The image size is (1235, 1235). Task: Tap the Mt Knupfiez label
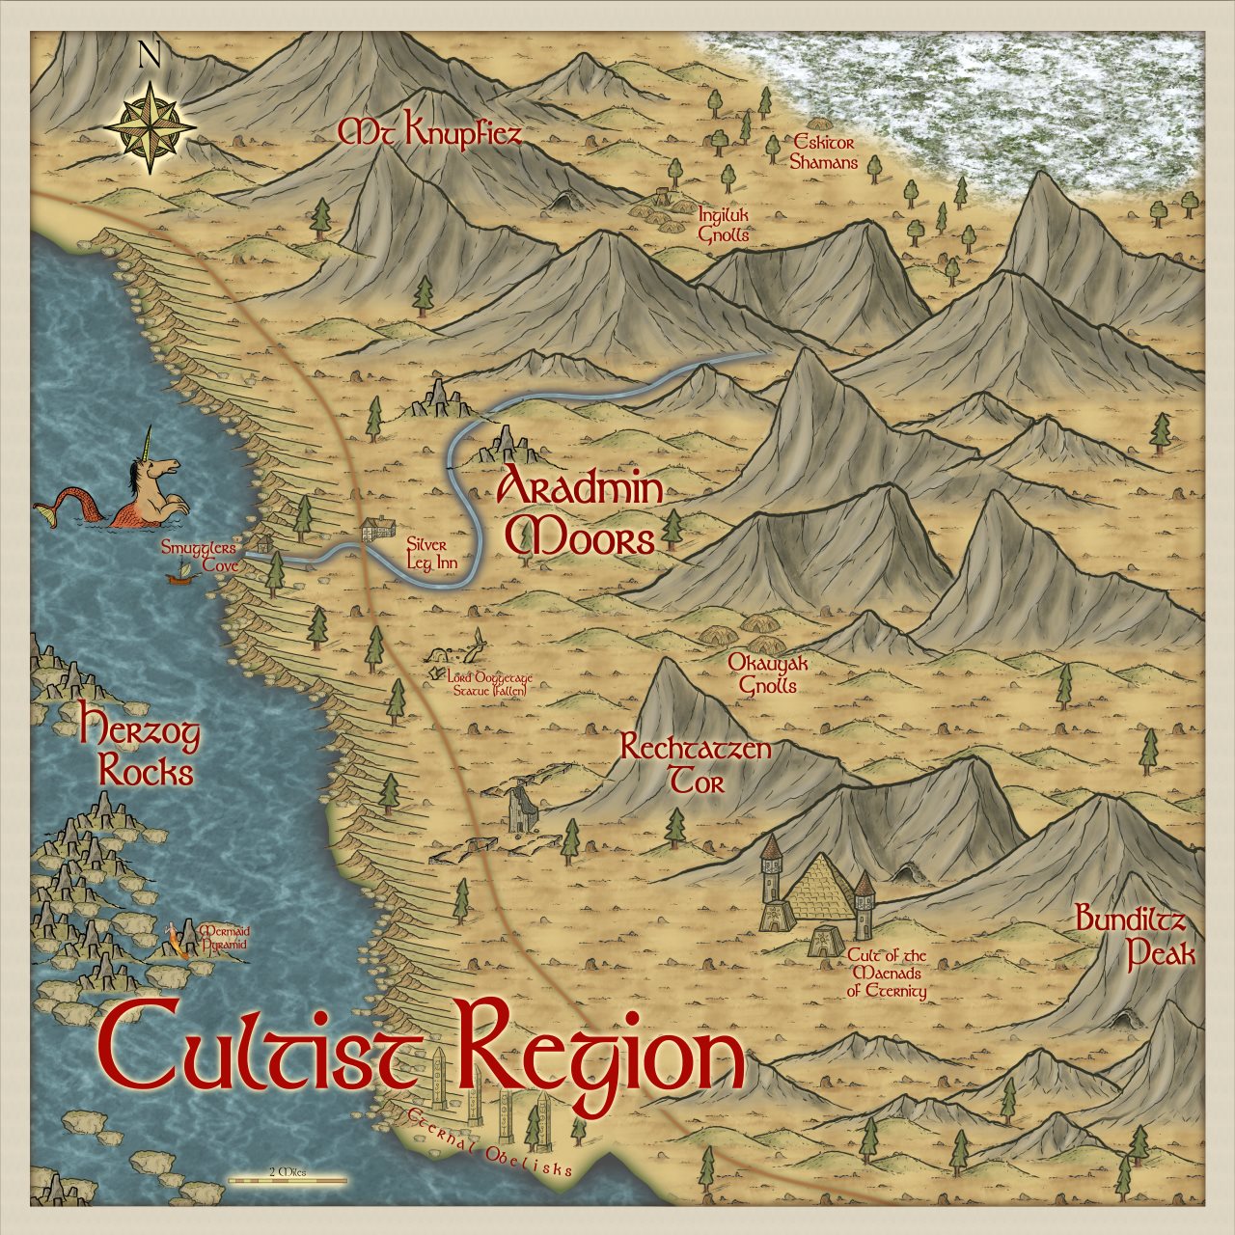pyautogui.click(x=428, y=133)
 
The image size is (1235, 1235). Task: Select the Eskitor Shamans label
pyautogui.click(x=823, y=151)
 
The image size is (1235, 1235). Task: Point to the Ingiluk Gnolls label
pyautogui.click(x=724, y=225)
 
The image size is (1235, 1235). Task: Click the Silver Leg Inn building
pyautogui.click(x=376, y=530)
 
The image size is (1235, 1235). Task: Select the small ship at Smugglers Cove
pyautogui.click(x=178, y=576)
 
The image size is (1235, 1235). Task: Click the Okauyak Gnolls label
pyautogui.click(x=767, y=674)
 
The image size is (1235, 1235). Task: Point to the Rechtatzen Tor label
pyautogui.click(x=695, y=763)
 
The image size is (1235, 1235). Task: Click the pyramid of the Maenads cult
pyautogui.click(x=821, y=889)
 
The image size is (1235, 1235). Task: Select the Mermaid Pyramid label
pyautogui.click(x=223, y=938)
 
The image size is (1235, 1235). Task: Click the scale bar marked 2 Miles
pyautogui.click(x=288, y=1178)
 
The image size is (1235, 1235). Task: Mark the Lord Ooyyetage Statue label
pyautogui.click(x=489, y=684)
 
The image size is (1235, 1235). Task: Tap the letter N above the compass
pyautogui.click(x=150, y=56)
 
